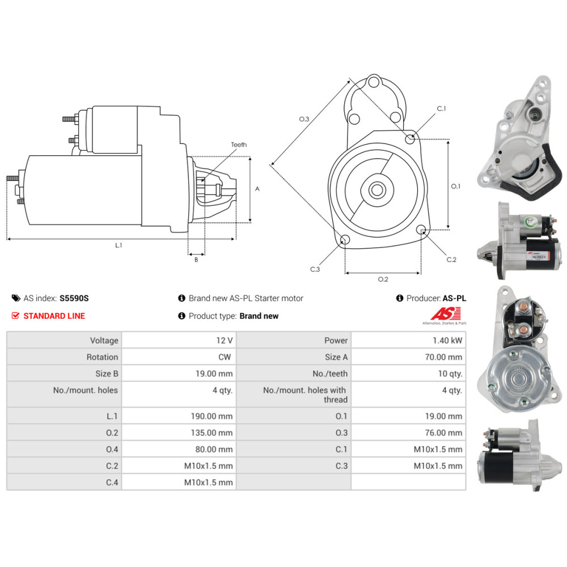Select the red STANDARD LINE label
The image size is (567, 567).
[54, 316]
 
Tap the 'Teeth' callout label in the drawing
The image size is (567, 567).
[239, 145]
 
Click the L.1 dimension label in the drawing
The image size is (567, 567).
[119, 246]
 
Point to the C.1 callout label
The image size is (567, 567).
[442, 108]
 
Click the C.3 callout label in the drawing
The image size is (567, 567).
[315, 269]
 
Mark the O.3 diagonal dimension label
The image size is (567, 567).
[304, 119]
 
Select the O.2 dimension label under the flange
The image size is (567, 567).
[383, 279]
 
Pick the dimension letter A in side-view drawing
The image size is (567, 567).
[257, 189]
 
